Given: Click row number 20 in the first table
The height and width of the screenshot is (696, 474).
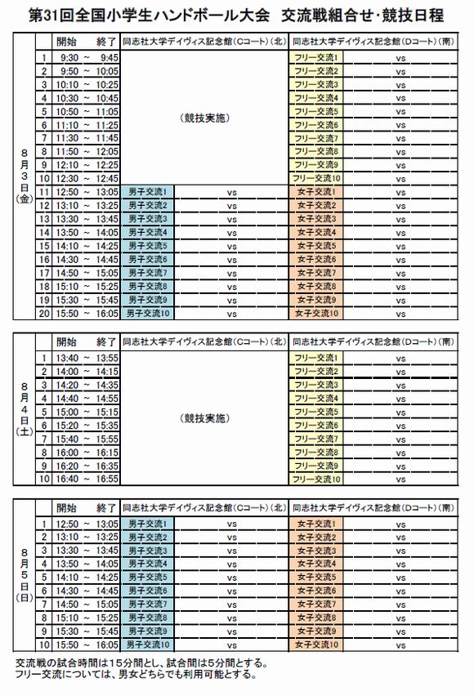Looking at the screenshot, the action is click(x=45, y=312).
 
